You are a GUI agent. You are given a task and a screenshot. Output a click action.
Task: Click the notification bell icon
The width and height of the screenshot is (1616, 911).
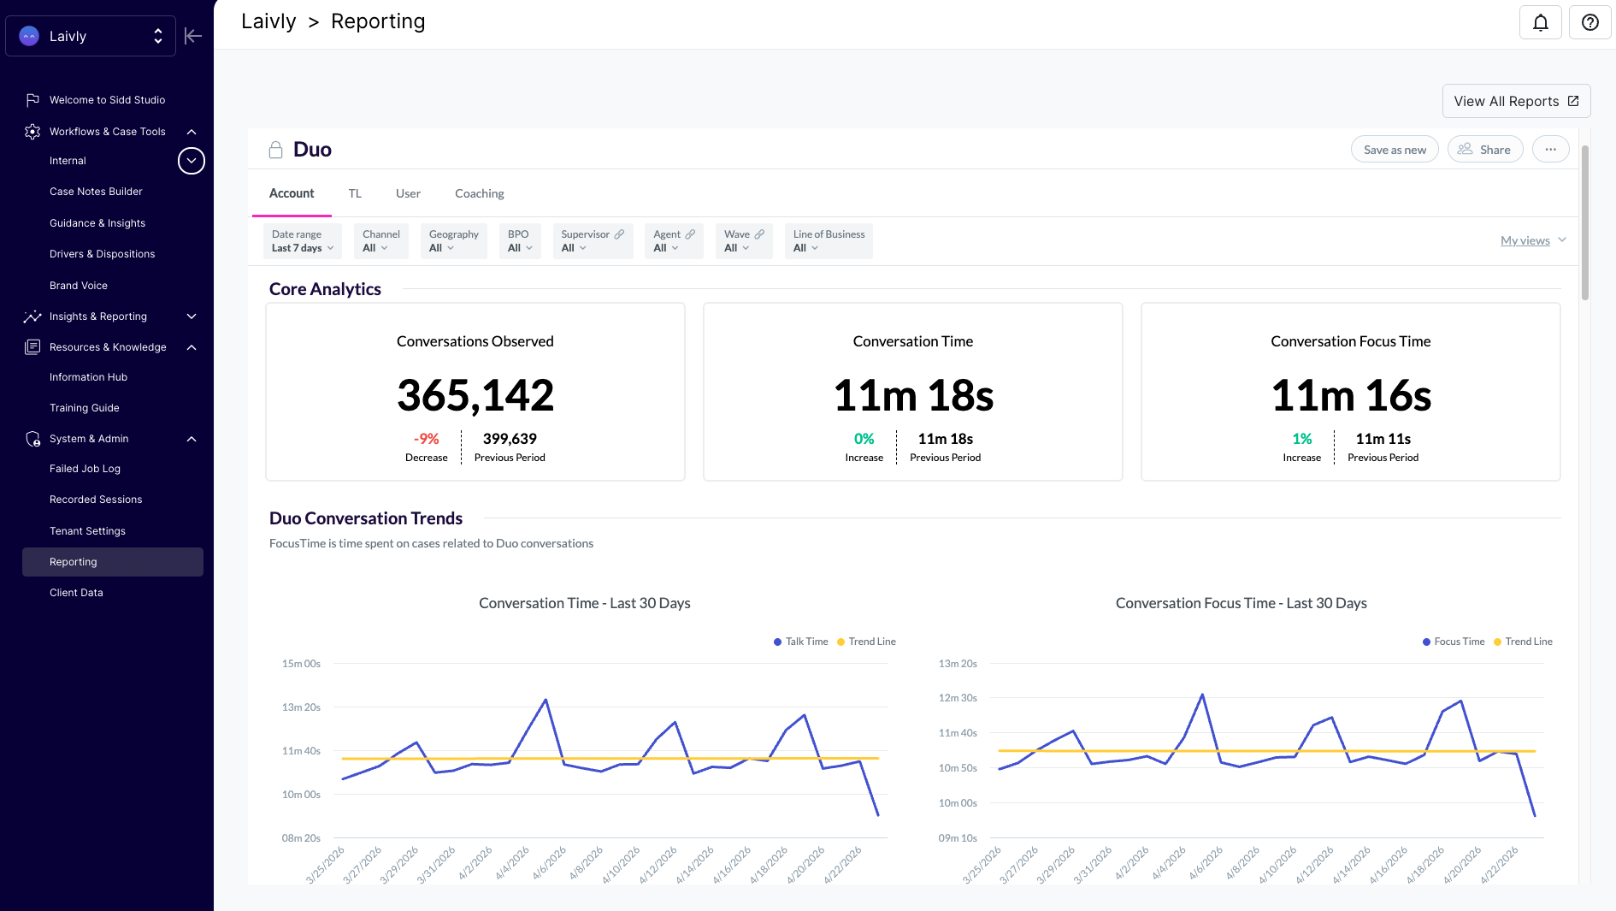[x=1540, y=22]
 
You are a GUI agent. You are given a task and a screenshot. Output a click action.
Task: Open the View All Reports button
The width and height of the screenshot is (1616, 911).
[x=1516, y=101]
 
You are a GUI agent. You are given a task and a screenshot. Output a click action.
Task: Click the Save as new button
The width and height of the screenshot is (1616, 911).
[x=1395, y=150]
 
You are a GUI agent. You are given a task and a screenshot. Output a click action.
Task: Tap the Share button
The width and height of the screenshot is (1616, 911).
[x=1485, y=150]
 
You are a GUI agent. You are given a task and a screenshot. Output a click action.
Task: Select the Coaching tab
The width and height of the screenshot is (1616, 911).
[x=480, y=193]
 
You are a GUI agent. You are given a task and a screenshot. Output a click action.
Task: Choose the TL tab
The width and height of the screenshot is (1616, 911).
[x=355, y=193]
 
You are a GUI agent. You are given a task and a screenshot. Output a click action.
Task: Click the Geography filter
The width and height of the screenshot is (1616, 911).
[x=454, y=241]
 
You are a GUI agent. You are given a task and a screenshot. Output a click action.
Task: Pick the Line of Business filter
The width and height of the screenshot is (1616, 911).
[x=829, y=241]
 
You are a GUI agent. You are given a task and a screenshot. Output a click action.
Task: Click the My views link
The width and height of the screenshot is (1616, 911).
[x=1525, y=240]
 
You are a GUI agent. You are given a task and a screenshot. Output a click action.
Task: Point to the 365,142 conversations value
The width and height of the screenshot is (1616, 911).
[x=475, y=395]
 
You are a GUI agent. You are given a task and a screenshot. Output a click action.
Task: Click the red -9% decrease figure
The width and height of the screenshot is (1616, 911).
[x=426, y=439]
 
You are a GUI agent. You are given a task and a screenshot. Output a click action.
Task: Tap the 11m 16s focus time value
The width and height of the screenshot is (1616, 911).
[x=1351, y=395]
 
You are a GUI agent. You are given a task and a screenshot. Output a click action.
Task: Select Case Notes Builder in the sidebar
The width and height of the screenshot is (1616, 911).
[x=96, y=192]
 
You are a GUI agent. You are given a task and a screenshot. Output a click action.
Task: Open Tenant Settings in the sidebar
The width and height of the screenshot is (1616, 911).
[x=87, y=531]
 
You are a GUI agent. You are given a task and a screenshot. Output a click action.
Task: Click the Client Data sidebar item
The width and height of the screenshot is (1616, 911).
[x=76, y=593]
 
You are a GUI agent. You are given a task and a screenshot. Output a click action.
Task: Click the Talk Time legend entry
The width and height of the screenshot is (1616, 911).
[x=801, y=642]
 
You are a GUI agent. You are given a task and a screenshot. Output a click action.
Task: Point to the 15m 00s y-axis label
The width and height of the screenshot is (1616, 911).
[x=301, y=664]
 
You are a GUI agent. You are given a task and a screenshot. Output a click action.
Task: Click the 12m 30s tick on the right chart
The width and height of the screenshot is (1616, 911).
[x=958, y=698]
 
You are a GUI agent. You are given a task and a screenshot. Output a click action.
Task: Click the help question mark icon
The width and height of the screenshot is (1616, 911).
[x=1589, y=22]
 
